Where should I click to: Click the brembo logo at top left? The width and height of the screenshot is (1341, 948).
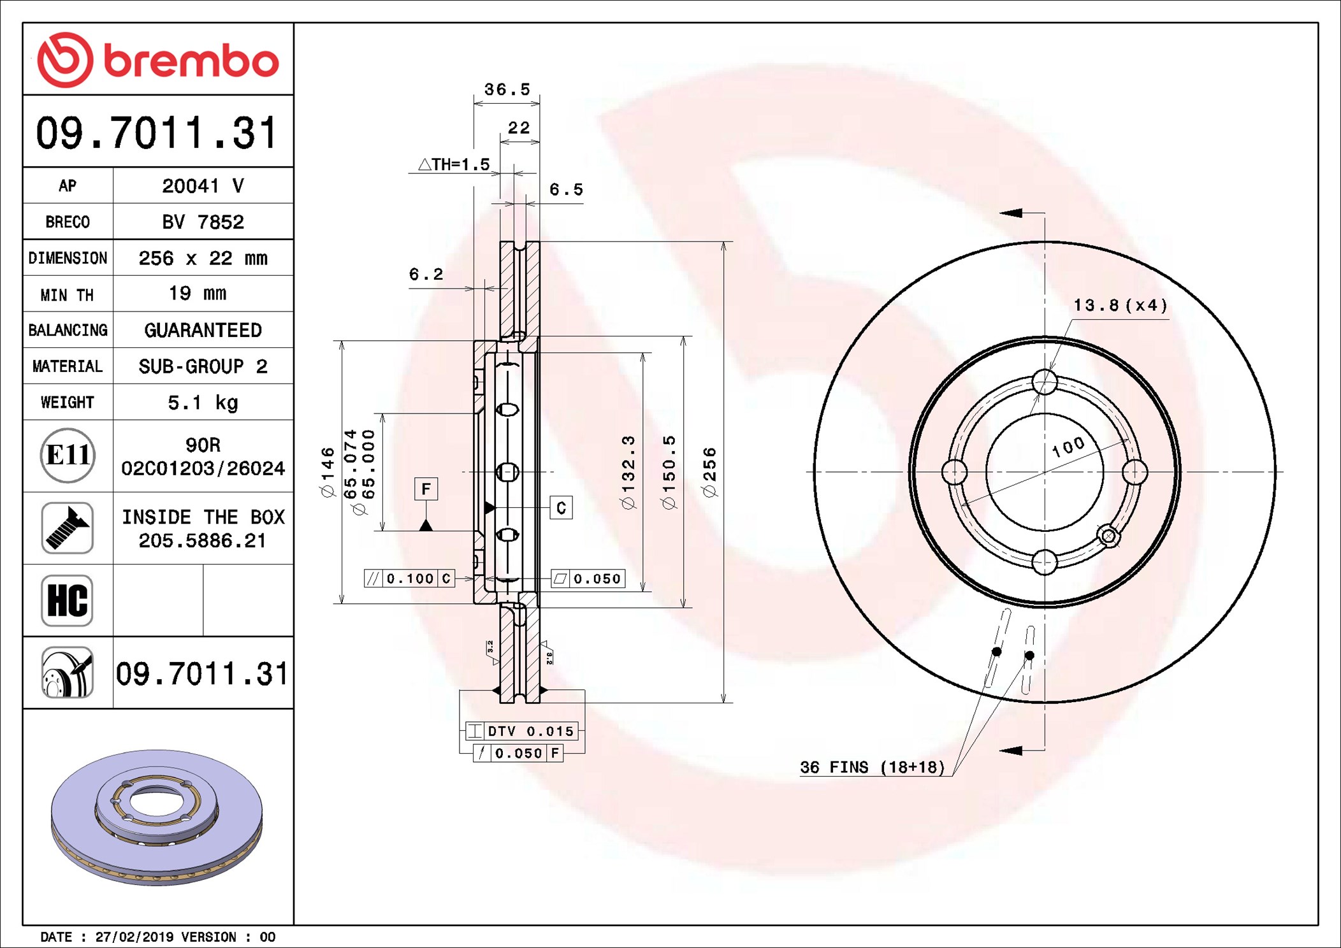coord(158,60)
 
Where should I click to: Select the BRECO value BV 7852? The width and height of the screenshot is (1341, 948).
coord(203,222)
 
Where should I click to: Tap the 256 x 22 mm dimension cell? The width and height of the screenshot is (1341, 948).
coord(203,258)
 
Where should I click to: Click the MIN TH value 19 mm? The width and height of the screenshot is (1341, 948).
coord(197,293)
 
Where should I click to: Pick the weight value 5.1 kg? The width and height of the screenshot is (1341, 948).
coord(203,403)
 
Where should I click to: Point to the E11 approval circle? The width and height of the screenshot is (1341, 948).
coord(68,455)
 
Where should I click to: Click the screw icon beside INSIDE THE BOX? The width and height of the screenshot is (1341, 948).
coord(68,528)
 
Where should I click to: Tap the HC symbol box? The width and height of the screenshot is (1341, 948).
coord(68,600)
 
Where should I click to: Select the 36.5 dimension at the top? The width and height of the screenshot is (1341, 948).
coord(507,89)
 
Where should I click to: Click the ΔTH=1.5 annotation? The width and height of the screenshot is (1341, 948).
coord(454,164)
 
